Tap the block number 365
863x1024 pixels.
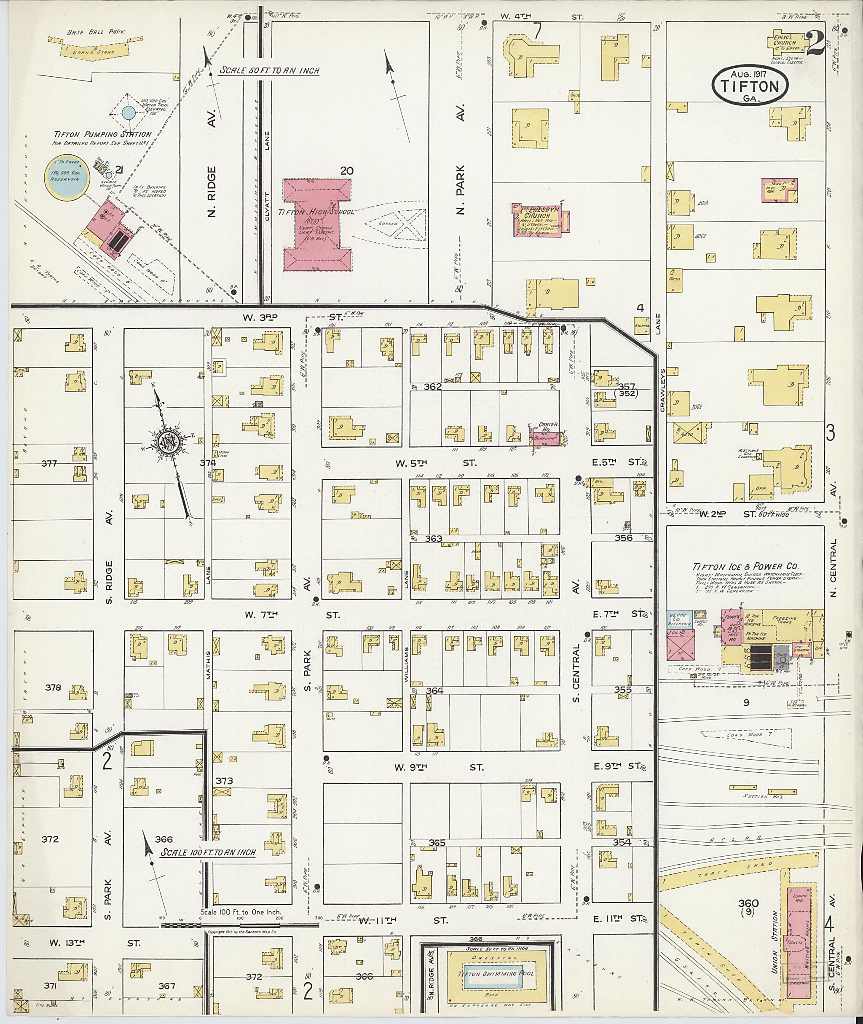(x=437, y=843)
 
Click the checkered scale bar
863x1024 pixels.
(x=240, y=926)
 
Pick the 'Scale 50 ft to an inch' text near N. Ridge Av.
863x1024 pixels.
(x=269, y=70)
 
